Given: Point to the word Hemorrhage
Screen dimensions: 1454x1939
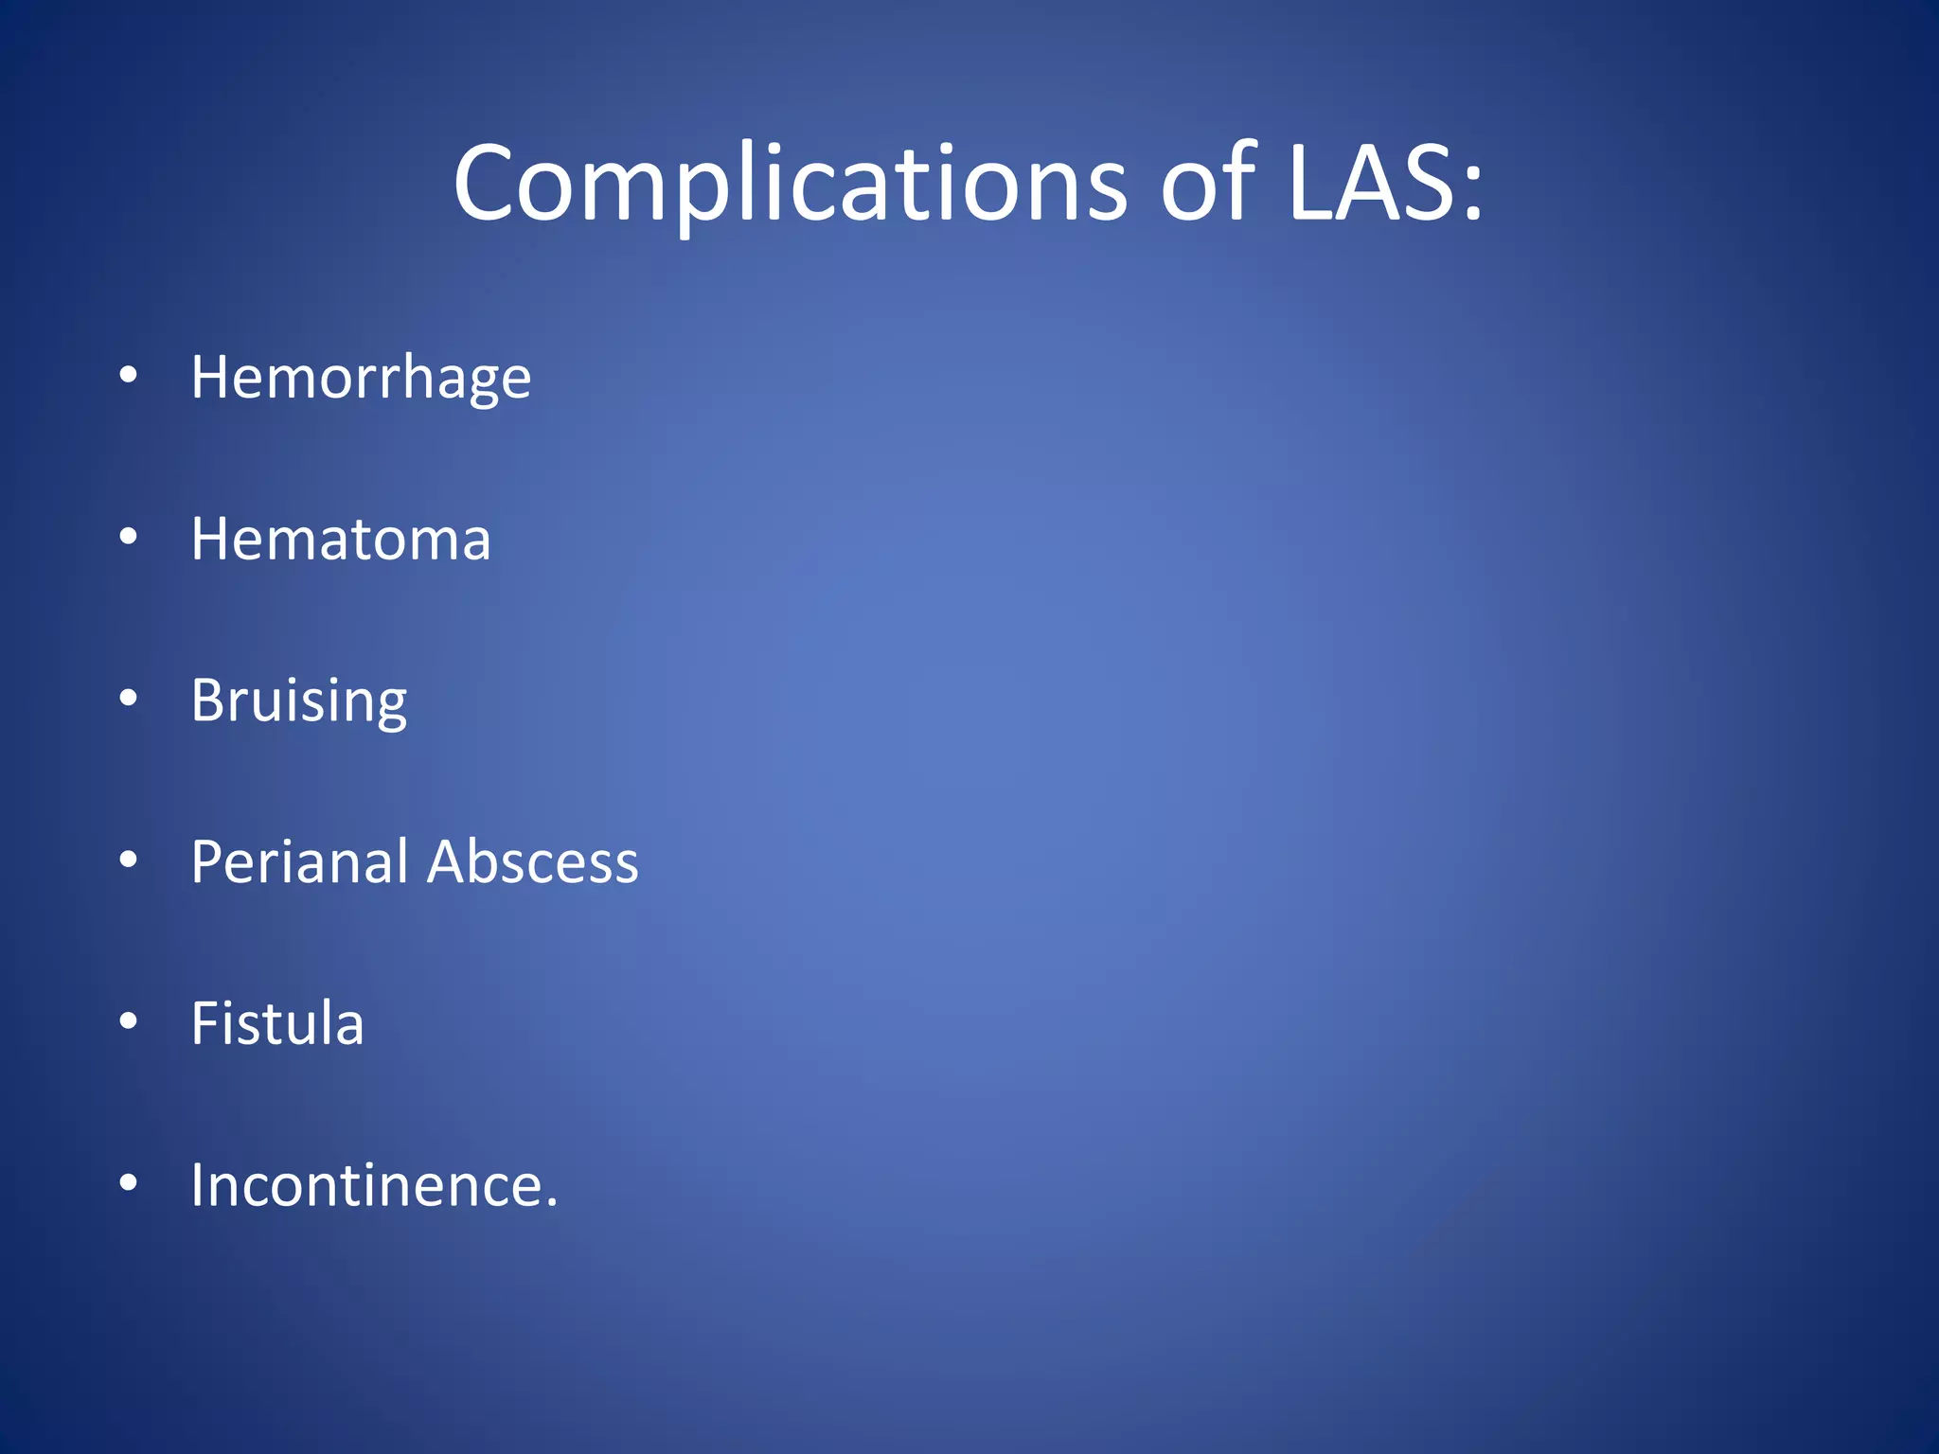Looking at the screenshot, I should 361,379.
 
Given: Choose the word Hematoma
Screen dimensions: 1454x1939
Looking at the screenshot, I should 341,540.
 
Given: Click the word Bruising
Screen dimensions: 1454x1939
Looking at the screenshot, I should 299,701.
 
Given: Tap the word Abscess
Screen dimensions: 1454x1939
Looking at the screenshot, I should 533,862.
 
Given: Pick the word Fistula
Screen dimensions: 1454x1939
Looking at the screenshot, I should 277,1023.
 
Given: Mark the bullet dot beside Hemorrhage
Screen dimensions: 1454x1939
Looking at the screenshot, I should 129,377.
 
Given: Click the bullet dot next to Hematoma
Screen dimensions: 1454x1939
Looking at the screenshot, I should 129,538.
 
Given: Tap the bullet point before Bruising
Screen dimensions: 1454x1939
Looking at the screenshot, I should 129,699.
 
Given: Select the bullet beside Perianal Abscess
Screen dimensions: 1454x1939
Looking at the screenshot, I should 129,860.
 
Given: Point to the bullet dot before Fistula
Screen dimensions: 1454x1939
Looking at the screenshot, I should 129,1021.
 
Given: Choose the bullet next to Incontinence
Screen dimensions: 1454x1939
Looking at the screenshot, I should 129,1182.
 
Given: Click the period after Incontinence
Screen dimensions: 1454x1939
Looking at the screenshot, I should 552,1204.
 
